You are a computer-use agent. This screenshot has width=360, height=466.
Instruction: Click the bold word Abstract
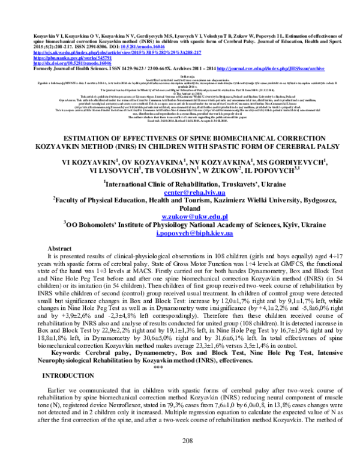(59, 248)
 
